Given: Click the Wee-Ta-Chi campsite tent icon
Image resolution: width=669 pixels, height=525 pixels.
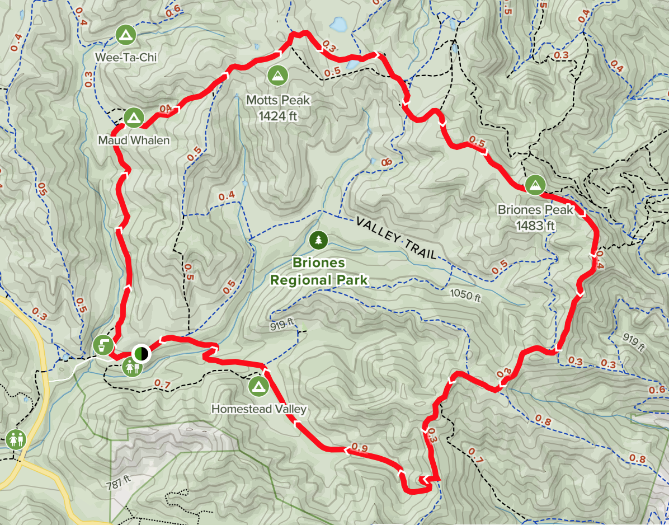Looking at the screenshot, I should pos(125,35).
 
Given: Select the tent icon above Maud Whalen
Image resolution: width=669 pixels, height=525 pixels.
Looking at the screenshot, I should pos(133,117).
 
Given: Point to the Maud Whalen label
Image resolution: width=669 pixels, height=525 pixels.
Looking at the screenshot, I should pos(133,140).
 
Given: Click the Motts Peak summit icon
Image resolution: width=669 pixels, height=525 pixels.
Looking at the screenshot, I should pos(277,75).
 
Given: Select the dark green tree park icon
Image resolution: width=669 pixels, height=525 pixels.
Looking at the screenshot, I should pos(318,240).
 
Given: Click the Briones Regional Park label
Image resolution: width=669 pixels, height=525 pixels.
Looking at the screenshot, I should pos(318,271).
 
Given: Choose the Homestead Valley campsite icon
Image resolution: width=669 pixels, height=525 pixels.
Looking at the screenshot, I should pos(258,386).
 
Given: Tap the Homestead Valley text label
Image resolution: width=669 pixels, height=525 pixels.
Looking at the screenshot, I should pos(258,409).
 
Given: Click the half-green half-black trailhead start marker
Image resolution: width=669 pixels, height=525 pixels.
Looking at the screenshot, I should pos(141,353).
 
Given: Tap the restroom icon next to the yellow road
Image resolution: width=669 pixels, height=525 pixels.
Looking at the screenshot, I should pos(14,439).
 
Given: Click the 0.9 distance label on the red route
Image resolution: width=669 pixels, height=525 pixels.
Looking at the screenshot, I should pos(360,448).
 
